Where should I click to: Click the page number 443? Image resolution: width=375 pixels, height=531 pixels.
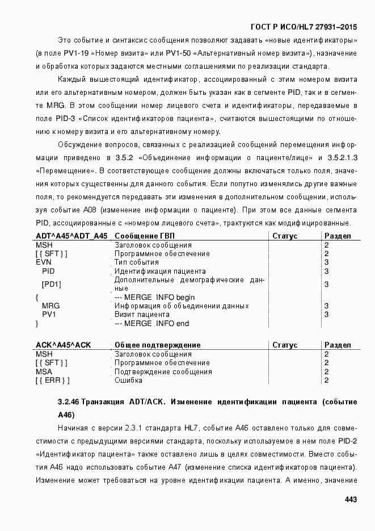[x=350, y=500]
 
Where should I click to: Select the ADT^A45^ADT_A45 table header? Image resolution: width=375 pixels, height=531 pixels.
[x=71, y=236]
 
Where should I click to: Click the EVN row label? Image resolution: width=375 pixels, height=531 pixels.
[x=44, y=262]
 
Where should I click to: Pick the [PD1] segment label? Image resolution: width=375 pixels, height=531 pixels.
[x=52, y=284]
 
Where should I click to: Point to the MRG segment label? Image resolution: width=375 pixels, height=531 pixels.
[x=50, y=306]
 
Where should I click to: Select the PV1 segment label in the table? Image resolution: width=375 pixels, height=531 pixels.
[x=49, y=314]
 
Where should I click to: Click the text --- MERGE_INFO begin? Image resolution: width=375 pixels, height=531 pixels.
[x=154, y=297]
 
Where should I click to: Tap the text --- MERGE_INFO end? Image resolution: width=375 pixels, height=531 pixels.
[x=151, y=323]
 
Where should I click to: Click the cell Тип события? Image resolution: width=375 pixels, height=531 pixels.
[x=137, y=262]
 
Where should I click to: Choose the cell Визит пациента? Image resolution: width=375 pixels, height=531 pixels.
[x=142, y=314]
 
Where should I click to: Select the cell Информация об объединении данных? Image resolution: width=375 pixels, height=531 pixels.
[x=182, y=306]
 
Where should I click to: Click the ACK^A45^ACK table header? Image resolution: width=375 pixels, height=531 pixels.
[x=64, y=345]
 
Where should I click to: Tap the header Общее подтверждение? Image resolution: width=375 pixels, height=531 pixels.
[x=157, y=345]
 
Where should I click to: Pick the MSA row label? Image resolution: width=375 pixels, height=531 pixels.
[x=44, y=371]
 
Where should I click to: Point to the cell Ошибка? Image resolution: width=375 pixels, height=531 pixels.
[x=128, y=380]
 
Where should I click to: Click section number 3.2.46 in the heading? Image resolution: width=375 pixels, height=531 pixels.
[x=69, y=402]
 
